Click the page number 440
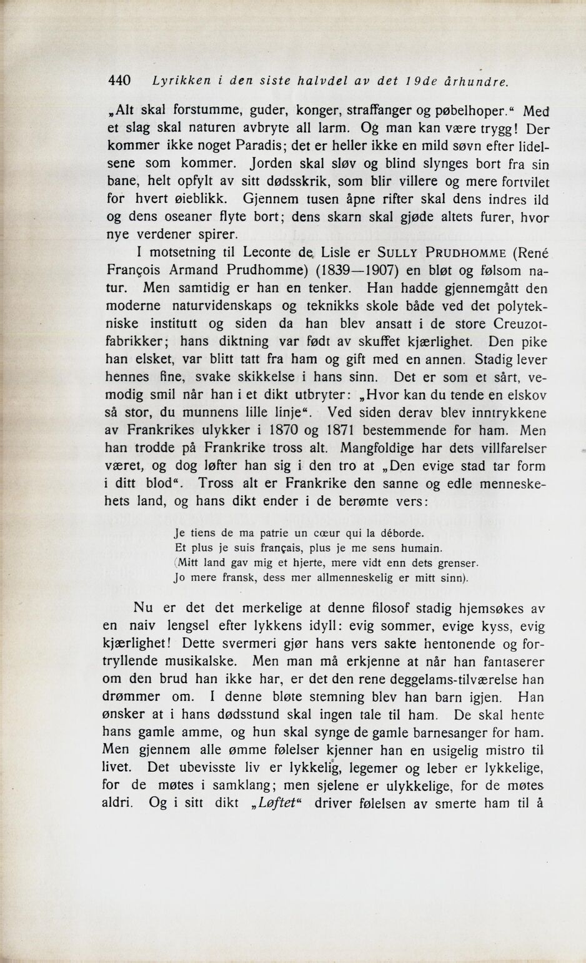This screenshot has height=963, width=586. pos(119,81)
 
